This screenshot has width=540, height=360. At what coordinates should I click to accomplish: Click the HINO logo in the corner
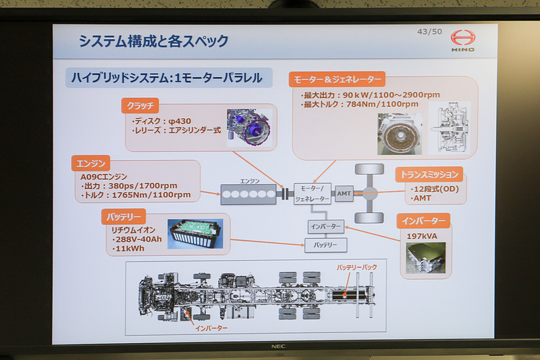[x=462, y=41]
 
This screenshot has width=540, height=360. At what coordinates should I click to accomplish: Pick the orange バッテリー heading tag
[x=122, y=217]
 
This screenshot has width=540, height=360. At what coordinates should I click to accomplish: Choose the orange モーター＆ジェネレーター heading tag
[x=338, y=78]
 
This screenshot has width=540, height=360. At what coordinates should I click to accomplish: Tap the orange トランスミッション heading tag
[x=430, y=174]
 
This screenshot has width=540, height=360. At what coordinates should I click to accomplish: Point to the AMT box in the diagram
[x=344, y=193]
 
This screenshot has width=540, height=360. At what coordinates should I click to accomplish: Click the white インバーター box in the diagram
[x=326, y=226]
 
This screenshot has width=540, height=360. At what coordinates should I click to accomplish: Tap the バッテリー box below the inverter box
[x=326, y=245]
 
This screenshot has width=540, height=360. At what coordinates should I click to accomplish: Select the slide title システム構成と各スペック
[x=153, y=41]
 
